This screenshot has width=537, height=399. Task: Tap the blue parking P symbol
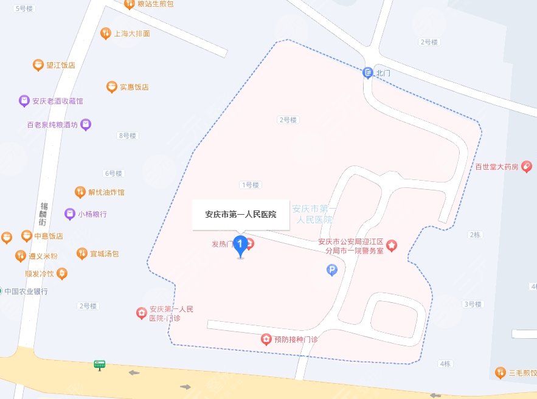(331, 270)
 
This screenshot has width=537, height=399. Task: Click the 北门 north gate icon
(367, 72)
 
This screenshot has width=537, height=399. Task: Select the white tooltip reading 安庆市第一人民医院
(240, 214)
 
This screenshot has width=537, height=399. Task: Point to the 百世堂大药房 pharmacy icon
(527, 166)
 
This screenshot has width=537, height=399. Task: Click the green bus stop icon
(99, 365)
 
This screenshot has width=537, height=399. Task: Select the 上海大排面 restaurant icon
(105, 33)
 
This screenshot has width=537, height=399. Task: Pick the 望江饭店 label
(61, 65)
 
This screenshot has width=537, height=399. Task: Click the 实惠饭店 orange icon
(111, 87)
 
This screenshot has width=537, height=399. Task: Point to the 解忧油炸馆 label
(106, 192)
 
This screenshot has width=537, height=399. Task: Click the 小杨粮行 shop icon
(70, 214)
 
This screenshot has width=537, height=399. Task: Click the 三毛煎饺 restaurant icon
(500, 372)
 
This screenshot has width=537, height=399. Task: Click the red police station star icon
(392, 245)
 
